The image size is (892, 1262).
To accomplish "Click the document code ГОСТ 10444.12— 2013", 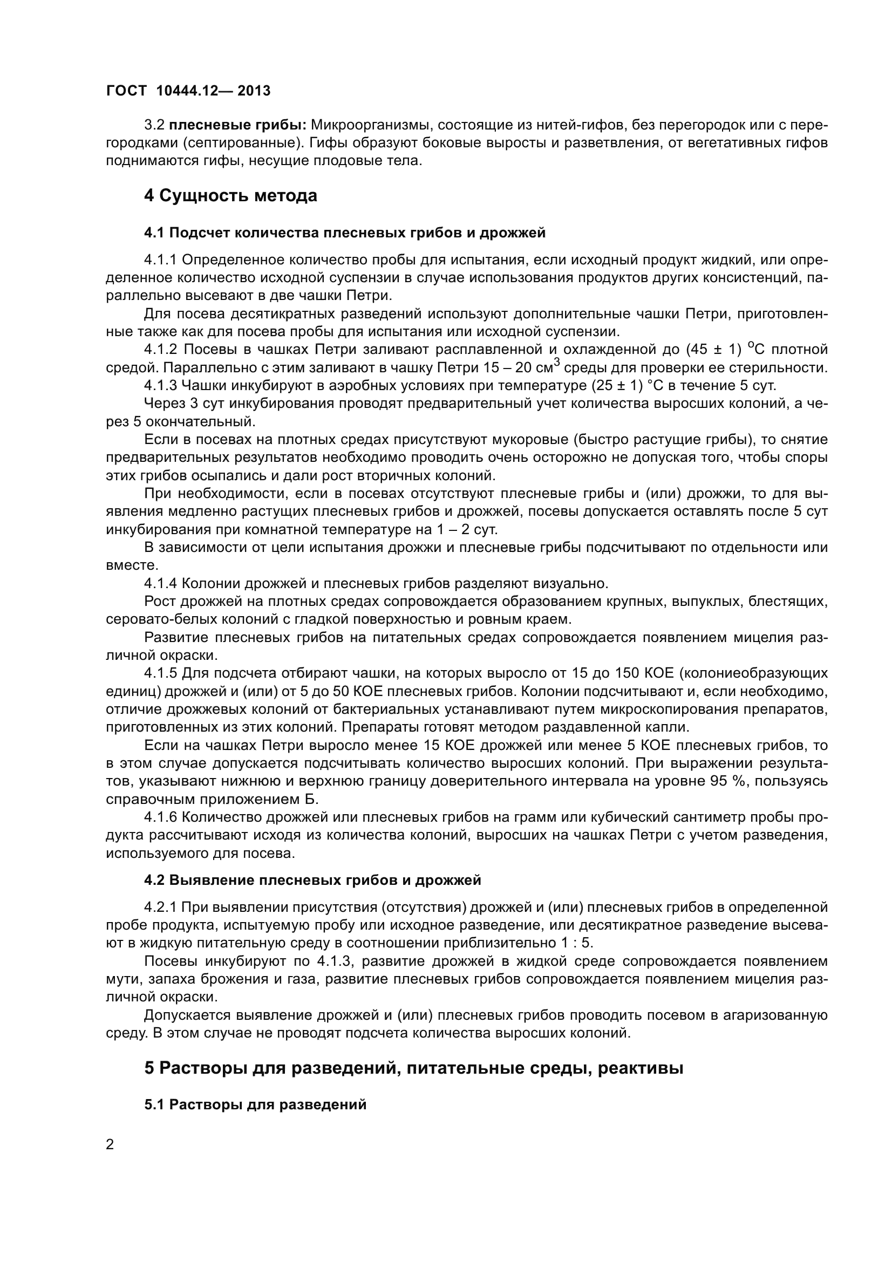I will (188, 91).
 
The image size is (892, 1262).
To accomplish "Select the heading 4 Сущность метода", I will (230, 196).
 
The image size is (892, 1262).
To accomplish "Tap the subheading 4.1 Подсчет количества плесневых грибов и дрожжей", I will (345, 233).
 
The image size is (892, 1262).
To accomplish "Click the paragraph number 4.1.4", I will (160, 583).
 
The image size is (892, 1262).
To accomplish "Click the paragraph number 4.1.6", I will (160, 817).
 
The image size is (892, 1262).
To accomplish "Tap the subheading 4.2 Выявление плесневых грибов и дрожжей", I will (312, 880).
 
